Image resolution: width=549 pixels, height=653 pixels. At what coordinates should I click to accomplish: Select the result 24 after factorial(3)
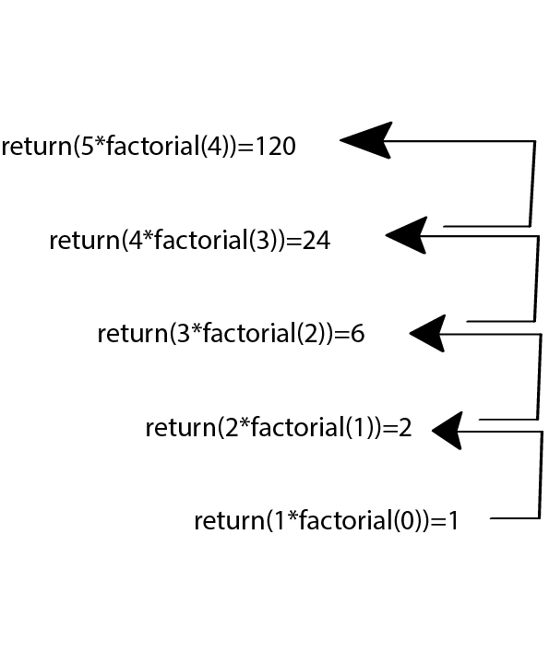tap(316, 241)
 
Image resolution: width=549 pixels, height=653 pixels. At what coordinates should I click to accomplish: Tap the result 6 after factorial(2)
tap(357, 334)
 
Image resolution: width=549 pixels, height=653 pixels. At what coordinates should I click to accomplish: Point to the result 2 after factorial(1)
tap(404, 428)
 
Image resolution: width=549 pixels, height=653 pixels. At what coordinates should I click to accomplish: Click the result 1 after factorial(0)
tap(452, 521)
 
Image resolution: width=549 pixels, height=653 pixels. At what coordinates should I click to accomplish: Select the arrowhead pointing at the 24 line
tap(407, 235)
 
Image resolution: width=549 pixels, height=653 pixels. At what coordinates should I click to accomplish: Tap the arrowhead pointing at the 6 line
tap(429, 333)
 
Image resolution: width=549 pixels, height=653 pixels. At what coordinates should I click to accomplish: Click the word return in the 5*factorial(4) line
tap(36, 146)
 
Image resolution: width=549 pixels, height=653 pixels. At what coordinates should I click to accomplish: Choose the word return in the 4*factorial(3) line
tap(84, 241)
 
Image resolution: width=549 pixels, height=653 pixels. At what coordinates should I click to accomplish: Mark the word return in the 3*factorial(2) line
tap(132, 334)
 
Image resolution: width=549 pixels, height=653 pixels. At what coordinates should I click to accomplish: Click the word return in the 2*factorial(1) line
tap(180, 428)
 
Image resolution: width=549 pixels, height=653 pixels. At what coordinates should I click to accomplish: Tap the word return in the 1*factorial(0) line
tap(229, 521)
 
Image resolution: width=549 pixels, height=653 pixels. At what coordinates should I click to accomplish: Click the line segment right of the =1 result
tap(513, 518)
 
